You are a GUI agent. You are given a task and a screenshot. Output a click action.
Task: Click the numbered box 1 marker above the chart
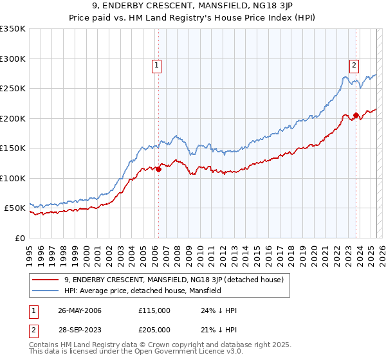(157, 64)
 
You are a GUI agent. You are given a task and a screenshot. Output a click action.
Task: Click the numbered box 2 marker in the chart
(354, 64)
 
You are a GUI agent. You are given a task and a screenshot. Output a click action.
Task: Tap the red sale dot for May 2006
(158, 170)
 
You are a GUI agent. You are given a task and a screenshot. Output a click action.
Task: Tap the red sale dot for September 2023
(356, 116)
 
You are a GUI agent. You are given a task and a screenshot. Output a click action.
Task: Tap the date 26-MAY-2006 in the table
(79, 310)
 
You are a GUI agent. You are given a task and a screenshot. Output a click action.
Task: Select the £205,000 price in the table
(154, 329)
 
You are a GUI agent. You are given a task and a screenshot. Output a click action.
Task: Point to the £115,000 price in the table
(154, 310)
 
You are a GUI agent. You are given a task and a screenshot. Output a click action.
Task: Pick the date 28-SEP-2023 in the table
(79, 329)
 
